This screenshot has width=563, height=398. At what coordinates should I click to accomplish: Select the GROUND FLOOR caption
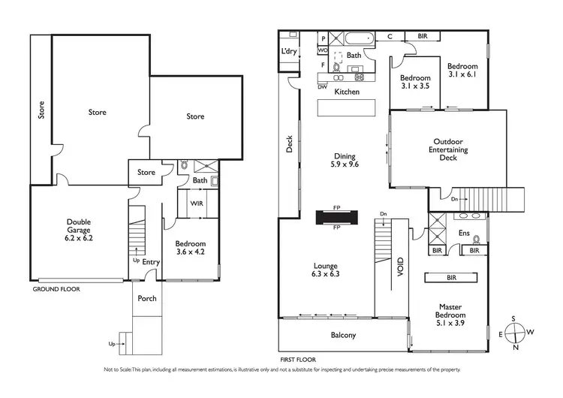click(57, 288)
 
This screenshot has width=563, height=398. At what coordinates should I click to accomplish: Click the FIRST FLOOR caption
click(295, 360)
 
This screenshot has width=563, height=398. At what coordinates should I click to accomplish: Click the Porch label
click(147, 298)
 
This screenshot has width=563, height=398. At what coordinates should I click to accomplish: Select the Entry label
click(151, 261)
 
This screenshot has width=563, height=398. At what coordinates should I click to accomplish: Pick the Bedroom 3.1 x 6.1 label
click(462, 71)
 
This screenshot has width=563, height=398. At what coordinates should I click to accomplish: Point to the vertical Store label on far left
click(41, 110)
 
